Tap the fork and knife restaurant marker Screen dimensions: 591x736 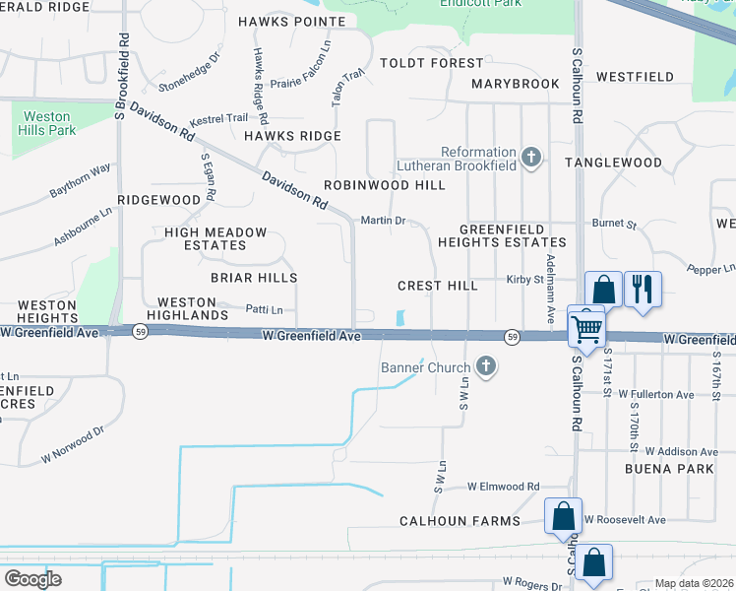click(644, 289)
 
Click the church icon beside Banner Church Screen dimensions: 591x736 click(484, 367)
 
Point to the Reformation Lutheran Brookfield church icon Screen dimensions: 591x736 click(531, 158)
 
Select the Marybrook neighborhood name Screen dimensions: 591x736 click(515, 84)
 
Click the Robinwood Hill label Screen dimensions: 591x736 click(384, 185)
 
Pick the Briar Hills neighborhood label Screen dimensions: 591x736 click(254, 278)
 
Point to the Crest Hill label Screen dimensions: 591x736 click(437, 286)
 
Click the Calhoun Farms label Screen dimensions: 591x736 click(460, 520)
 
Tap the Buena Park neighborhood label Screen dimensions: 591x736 click(669, 469)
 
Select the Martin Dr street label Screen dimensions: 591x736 click(384, 221)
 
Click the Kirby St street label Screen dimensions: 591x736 click(524, 280)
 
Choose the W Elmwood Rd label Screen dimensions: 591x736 click(504, 487)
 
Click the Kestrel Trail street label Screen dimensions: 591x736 click(218, 118)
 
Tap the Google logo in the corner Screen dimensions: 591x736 click(32, 578)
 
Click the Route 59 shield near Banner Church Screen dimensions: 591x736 click(513, 337)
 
